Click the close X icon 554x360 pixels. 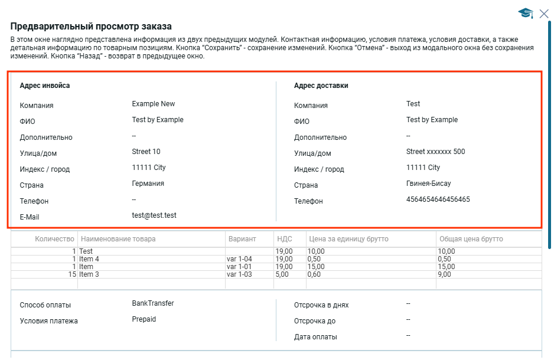(x=544, y=14)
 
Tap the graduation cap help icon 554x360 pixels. (x=525, y=13)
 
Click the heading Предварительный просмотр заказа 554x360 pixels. (x=91, y=27)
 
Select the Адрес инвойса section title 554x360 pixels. (x=45, y=86)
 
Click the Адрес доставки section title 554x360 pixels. (x=321, y=86)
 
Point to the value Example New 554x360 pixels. (x=154, y=104)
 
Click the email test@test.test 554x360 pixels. (x=154, y=215)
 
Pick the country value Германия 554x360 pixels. (x=148, y=184)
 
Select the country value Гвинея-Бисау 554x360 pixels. (x=429, y=184)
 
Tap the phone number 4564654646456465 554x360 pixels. (x=438, y=199)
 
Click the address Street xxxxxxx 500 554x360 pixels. (x=435, y=152)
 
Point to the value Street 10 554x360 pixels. (x=146, y=152)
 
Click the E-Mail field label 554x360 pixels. (x=30, y=217)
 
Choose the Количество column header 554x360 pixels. (x=55, y=239)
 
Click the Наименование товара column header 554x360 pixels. (x=118, y=239)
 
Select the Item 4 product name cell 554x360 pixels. (x=89, y=259)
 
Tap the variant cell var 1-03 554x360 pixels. (x=239, y=274)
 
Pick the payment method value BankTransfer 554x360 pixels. (x=153, y=303)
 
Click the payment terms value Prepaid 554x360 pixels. (x=144, y=319)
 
